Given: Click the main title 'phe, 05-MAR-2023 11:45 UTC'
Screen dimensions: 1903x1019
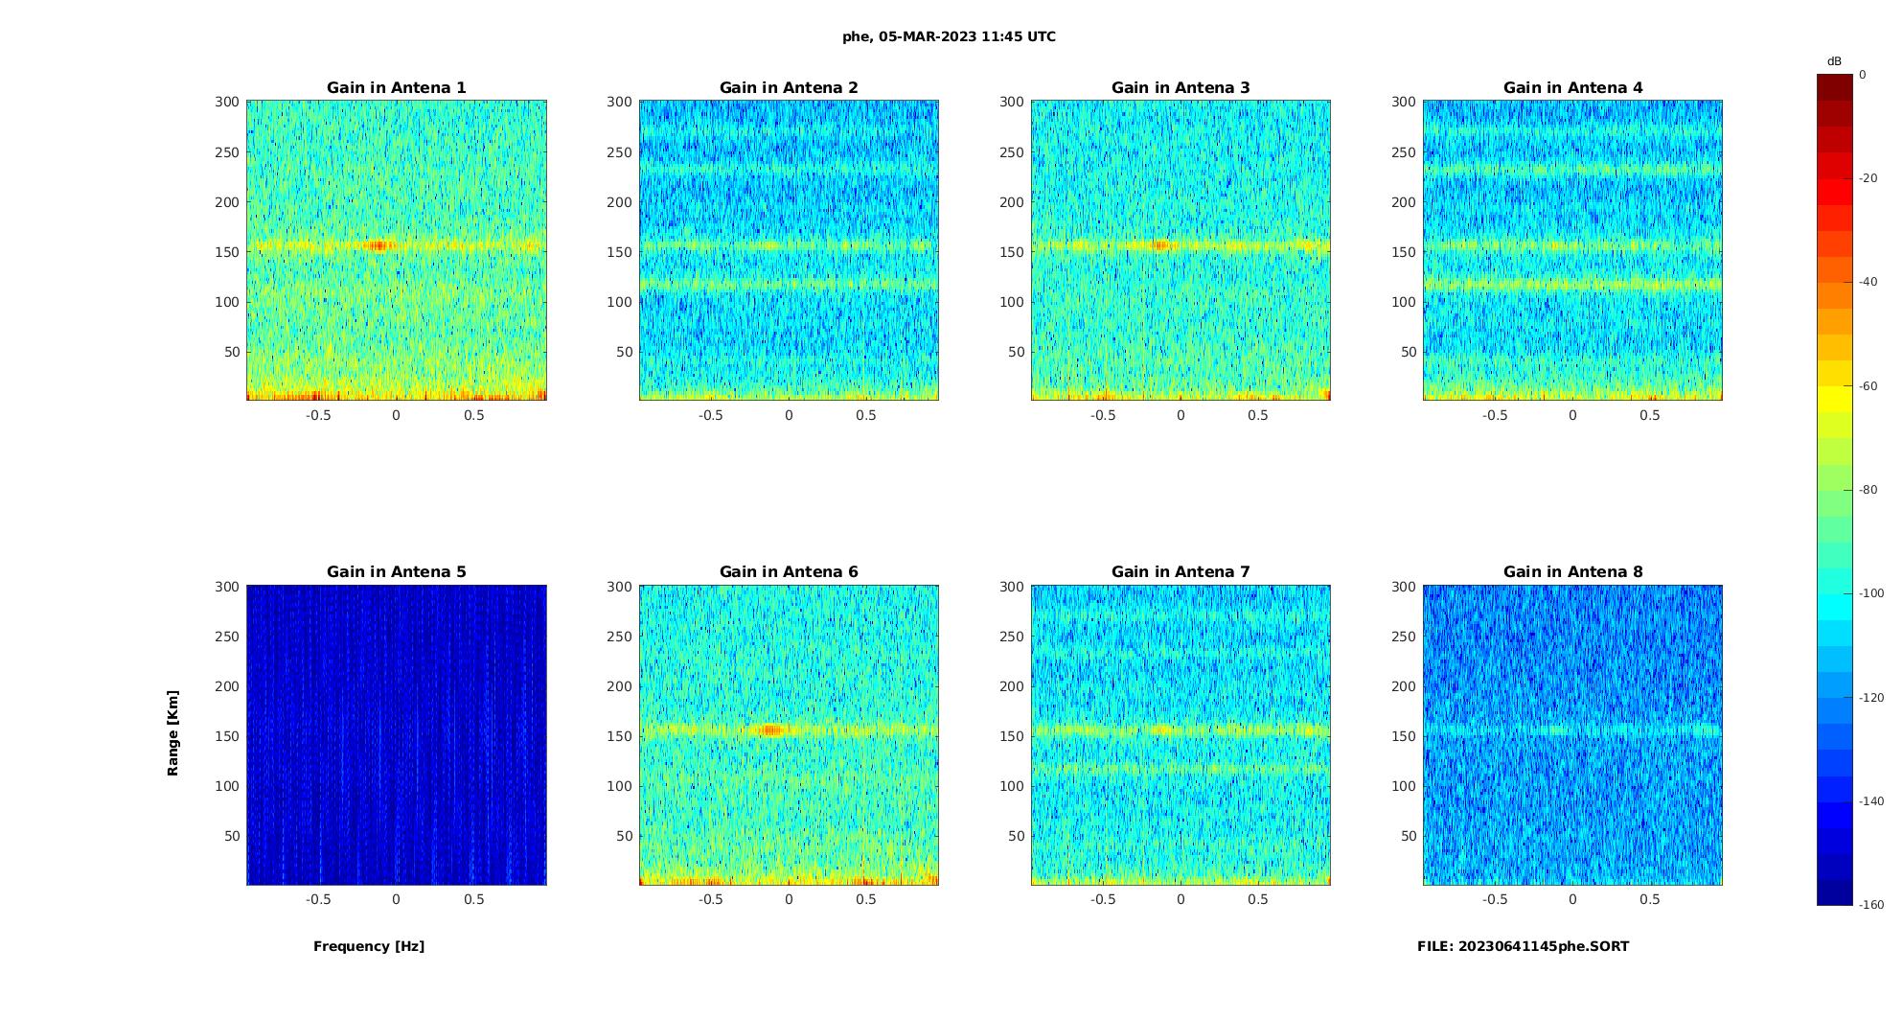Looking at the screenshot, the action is tap(949, 37).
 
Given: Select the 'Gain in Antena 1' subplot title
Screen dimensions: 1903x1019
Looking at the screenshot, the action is tap(396, 88).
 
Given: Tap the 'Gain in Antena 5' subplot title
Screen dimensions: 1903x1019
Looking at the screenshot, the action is tap(396, 572).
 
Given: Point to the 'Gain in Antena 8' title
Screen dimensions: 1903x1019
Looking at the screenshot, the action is tap(1572, 572).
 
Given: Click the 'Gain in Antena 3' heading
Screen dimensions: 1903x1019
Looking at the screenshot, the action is tap(1181, 88).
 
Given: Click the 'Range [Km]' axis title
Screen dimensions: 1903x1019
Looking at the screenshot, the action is tap(173, 732).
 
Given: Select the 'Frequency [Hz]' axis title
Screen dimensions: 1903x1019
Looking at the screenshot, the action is tap(369, 946).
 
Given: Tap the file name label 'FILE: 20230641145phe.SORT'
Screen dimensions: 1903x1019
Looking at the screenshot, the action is tap(1523, 946).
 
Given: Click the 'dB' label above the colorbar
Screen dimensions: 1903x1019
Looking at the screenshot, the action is tap(1834, 61).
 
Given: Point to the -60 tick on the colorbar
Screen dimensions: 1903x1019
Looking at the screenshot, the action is tap(1869, 386).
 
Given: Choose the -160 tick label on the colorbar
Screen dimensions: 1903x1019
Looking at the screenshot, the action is tap(1871, 905).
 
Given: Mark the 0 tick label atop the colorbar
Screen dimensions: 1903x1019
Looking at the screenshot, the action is tap(1863, 75).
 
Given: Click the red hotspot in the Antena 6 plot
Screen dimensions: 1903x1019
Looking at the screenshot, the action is tap(770, 730).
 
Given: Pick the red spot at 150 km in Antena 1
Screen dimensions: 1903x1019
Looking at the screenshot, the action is tap(380, 245).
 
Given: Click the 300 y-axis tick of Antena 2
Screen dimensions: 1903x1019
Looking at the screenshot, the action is tap(619, 102).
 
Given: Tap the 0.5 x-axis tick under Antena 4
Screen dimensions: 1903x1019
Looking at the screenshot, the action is tap(1649, 415).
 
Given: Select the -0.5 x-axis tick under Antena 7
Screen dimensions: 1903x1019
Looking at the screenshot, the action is tap(1103, 899).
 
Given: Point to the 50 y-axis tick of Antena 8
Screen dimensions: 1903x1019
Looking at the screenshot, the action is tap(1409, 836).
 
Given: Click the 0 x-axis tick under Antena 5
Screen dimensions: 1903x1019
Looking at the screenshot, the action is tap(396, 899).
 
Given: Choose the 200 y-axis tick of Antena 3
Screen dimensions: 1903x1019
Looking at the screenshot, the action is tap(1012, 202).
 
